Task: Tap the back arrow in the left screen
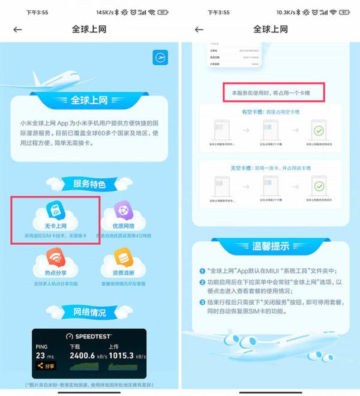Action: (x=17, y=29)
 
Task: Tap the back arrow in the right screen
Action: (x=199, y=29)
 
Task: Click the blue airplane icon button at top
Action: (x=160, y=57)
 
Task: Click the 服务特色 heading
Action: (x=89, y=184)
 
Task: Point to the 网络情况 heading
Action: (x=89, y=312)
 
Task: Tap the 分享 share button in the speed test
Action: (x=46, y=366)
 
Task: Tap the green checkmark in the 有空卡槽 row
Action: (x=319, y=130)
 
